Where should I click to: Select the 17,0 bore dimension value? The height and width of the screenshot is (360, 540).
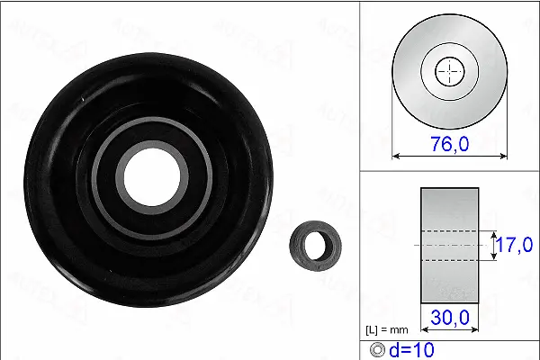[516, 244]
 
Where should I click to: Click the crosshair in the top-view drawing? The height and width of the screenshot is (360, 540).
[449, 70]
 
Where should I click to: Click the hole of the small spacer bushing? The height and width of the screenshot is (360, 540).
[316, 243]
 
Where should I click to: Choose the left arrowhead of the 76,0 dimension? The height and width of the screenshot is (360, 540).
[396, 155]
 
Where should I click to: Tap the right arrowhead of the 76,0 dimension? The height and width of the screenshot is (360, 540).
[503, 155]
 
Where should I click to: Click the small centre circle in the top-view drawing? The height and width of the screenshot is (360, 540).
[449, 70]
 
